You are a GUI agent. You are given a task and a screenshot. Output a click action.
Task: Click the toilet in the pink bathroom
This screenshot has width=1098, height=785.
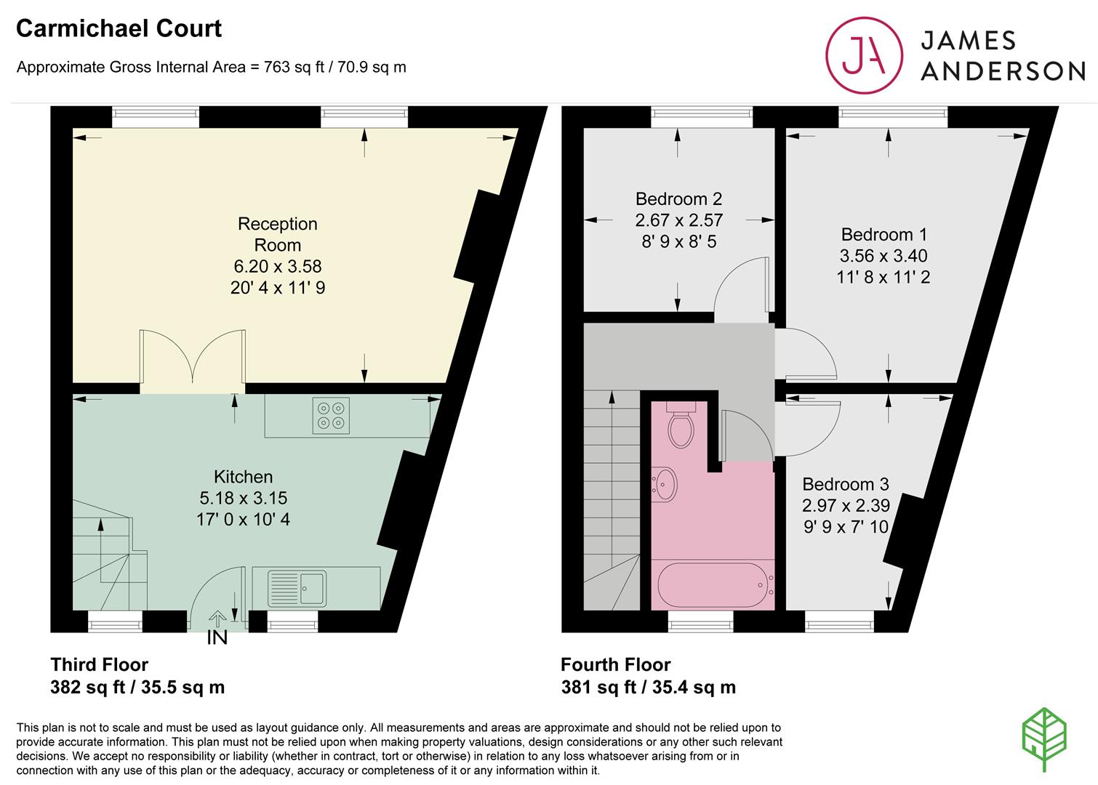[681, 424]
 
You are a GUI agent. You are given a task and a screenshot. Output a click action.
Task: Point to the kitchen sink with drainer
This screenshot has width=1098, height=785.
[297, 588]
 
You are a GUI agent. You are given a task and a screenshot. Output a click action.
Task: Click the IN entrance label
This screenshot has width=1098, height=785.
[217, 637]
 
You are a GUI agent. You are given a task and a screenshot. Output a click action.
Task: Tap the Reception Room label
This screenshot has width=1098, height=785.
[278, 234]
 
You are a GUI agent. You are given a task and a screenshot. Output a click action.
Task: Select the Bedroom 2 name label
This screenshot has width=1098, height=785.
[679, 198]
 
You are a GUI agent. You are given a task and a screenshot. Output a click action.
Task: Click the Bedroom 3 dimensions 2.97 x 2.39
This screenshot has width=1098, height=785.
[846, 505]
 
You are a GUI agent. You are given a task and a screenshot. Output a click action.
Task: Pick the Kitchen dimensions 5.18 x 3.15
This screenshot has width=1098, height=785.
[243, 498]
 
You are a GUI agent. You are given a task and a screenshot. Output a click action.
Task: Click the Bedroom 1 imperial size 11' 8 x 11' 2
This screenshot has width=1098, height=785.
[883, 277]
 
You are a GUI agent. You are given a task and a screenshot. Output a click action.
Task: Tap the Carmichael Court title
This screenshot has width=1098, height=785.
[119, 28]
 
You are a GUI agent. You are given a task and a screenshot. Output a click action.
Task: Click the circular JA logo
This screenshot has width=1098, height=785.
[864, 55]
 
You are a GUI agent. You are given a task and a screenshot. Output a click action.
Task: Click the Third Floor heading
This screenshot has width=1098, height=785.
[100, 664]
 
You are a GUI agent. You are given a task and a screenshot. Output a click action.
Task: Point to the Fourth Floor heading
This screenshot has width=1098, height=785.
[616, 664]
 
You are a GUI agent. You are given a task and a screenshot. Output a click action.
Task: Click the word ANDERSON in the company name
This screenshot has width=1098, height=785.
[1003, 71]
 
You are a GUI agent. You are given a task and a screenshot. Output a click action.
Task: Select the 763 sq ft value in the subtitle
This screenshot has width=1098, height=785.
[294, 67]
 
